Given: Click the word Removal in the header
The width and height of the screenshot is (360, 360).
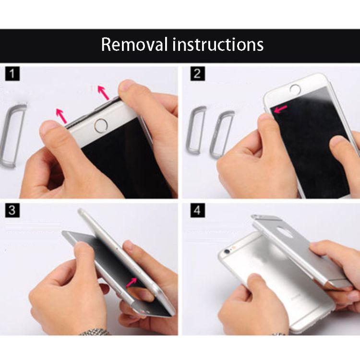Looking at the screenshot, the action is tap(134, 44).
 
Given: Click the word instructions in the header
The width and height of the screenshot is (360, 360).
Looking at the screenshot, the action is tap(218, 44).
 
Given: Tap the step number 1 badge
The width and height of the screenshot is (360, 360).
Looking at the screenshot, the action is tap(12, 73).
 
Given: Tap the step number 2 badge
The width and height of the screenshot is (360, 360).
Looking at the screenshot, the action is tap(197, 73).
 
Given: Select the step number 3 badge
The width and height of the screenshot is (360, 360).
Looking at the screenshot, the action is tap(12, 210).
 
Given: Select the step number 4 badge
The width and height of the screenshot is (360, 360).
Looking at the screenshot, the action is tap(197, 210).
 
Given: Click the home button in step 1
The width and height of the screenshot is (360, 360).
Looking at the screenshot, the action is tap(101, 126).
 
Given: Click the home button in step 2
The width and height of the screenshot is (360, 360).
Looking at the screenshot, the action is tap(295, 89).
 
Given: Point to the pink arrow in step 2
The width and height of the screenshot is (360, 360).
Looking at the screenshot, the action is tap(281, 109).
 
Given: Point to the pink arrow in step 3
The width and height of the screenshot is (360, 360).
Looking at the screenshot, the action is tap(132, 282).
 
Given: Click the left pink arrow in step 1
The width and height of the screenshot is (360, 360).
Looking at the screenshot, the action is tap(61, 116).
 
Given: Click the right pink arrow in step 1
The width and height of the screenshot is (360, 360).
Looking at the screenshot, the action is tap(103, 93).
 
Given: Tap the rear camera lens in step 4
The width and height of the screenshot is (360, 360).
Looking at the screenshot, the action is tap(228, 252).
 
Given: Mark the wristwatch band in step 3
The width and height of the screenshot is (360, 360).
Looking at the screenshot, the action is tap(94, 332).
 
